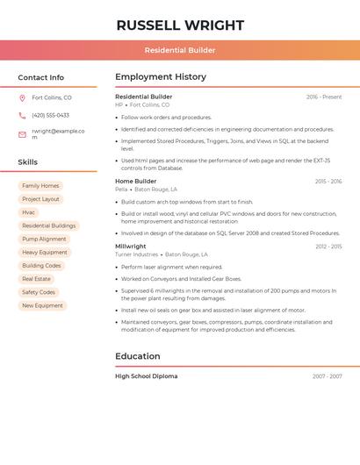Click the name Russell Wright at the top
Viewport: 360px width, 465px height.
pyautogui.click(x=180, y=25)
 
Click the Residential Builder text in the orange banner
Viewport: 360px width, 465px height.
pyautogui.click(x=180, y=50)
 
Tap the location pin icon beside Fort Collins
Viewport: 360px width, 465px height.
pyautogui.click(x=22, y=97)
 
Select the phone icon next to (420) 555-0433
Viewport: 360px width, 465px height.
pyautogui.click(x=22, y=115)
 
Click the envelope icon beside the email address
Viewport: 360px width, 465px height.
pyautogui.click(x=22, y=134)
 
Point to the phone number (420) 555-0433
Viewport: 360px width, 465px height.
pyautogui.click(x=50, y=115)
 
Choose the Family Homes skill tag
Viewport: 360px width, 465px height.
pyautogui.click(x=40, y=186)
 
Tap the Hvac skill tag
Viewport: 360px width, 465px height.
pyautogui.click(x=29, y=212)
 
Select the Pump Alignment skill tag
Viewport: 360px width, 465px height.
pyautogui.click(x=44, y=239)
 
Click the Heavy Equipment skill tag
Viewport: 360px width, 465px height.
pyautogui.click(x=45, y=252)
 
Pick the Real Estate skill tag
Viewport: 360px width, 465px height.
pyautogui.click(x=36, y=279)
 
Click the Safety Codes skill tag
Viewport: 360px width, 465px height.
pyautogui.click(x=39, y=292)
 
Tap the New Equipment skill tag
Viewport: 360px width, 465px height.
pyautogui.click(x=42, y=305)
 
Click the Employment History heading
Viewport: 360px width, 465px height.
pyautogui.click(x=160, y=77)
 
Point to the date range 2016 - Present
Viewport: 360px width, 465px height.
pyautogui.click(x=324, y=97)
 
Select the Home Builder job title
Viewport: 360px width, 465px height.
pyautogui.click(x=135, y=182)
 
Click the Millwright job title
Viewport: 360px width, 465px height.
pyautogui.click(x=131, y=247)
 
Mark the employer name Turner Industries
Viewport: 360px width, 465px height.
pyautogui.click(x=137, y=254)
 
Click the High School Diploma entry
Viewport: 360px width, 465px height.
pyautogui.click(x=146, y=376)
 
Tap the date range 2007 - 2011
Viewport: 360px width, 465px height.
pyautogui.click(x=327, y=376)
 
